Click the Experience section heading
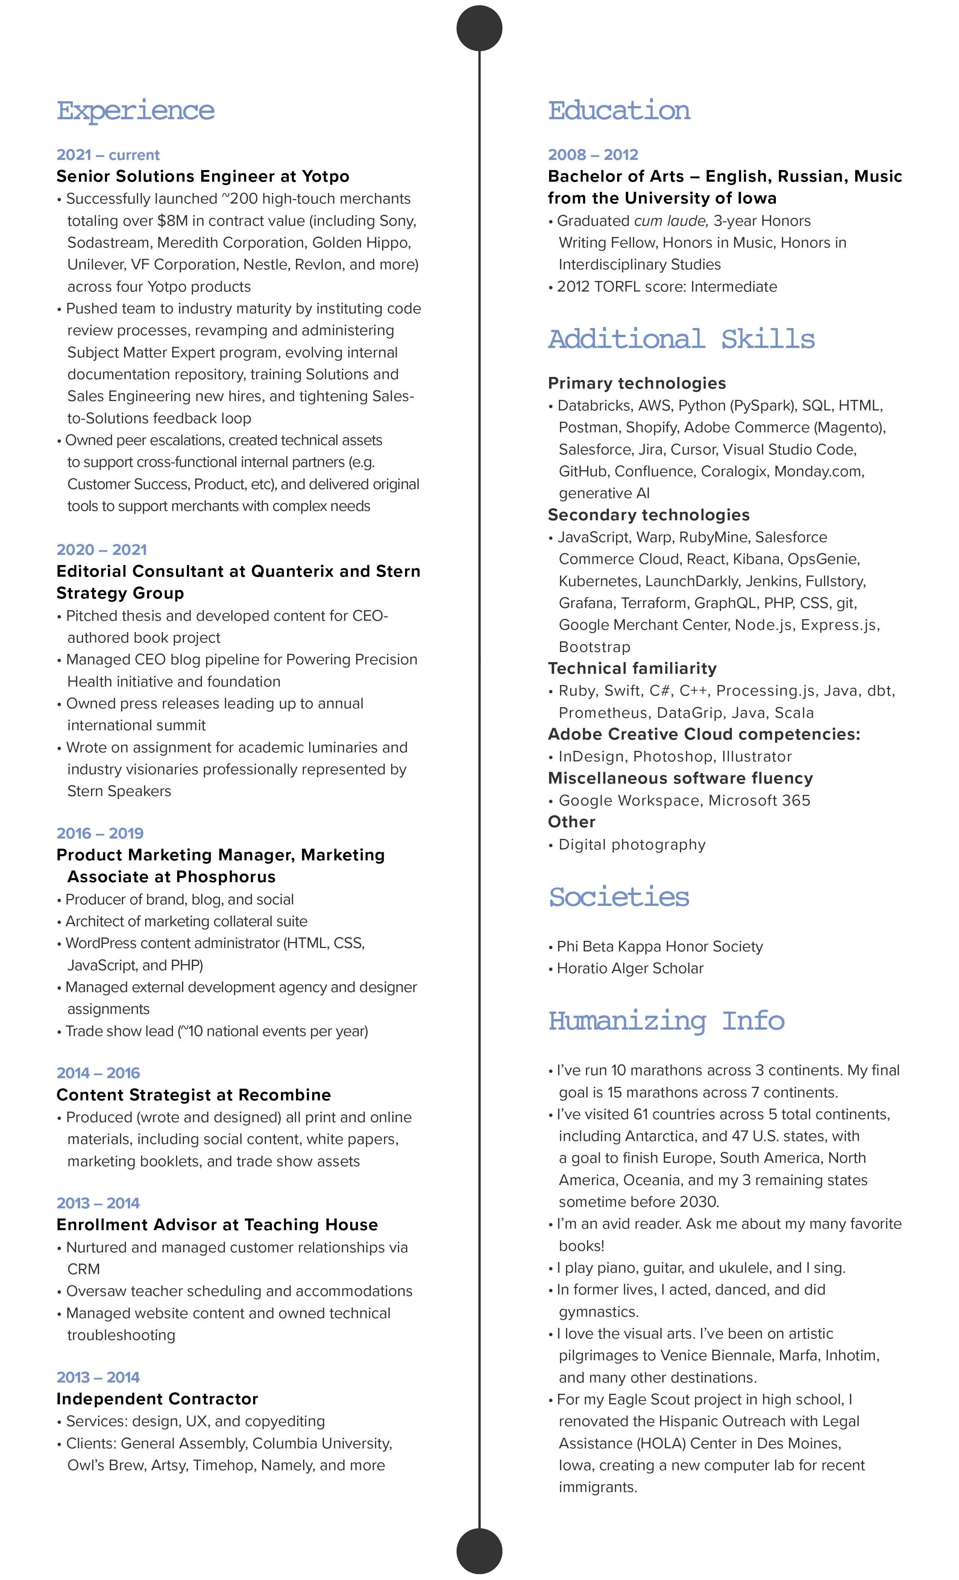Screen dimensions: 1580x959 pyautogui.click(x=135, y=110)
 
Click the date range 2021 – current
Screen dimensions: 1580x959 pyautogui.click(x=108, y=155)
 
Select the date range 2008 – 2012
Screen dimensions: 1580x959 pyautogui.click(x=593, y=155)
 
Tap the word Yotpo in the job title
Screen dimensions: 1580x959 pyautogui.click(x=326, y=176)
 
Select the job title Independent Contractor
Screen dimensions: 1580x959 pyautogui.click(x=157, y=1399)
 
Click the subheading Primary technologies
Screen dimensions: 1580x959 pyautogui.click(x=637, y=383)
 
